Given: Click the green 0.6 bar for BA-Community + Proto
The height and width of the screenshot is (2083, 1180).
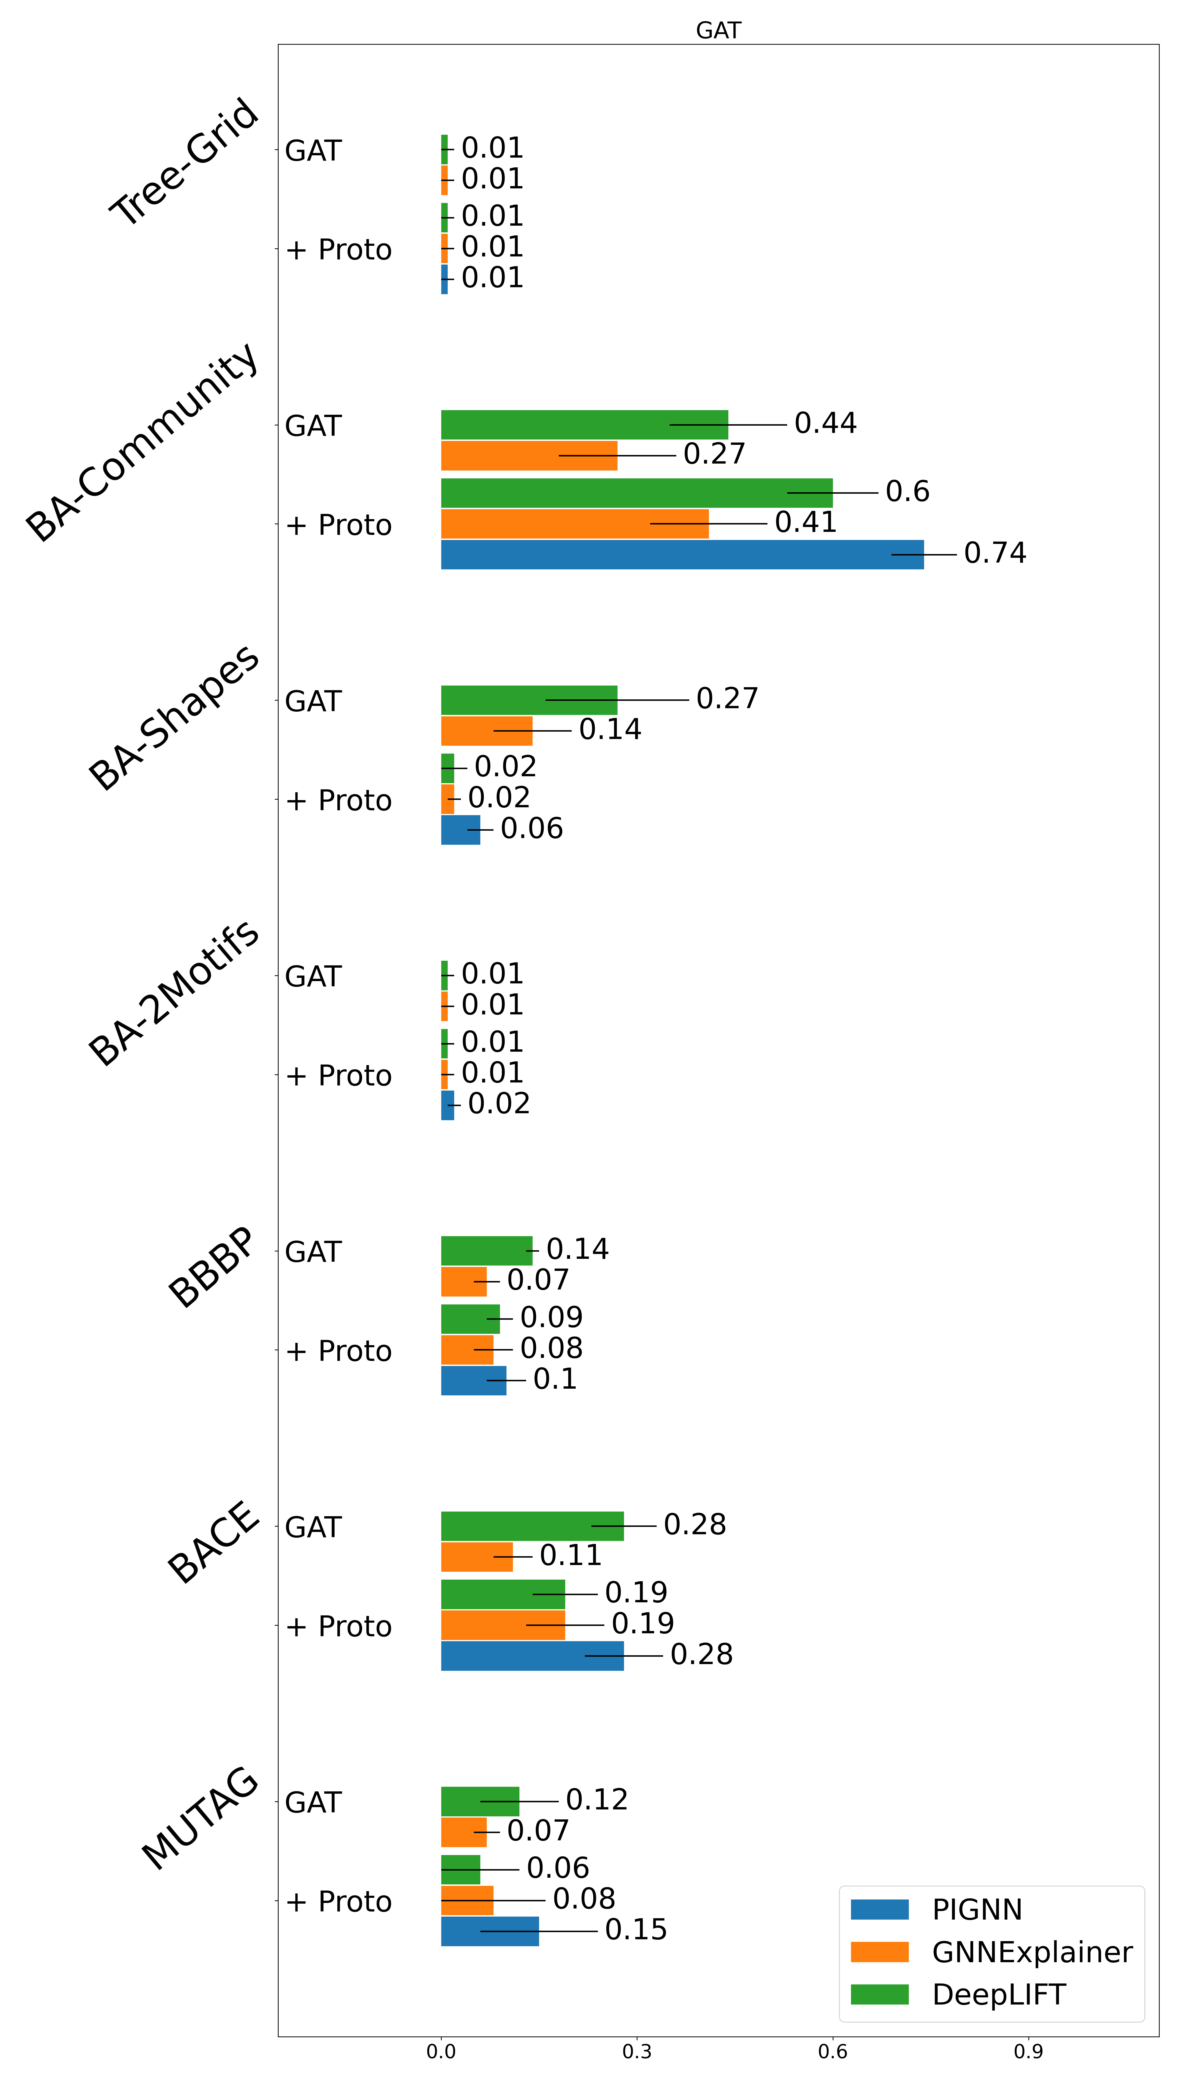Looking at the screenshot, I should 636,493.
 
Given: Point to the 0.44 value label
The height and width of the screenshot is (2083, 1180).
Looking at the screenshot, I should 825,423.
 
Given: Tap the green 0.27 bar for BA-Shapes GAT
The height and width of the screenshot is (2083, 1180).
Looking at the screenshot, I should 528,699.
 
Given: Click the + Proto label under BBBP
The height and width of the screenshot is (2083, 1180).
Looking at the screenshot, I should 339,1351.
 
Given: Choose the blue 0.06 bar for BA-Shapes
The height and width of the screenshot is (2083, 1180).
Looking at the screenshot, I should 460,830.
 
